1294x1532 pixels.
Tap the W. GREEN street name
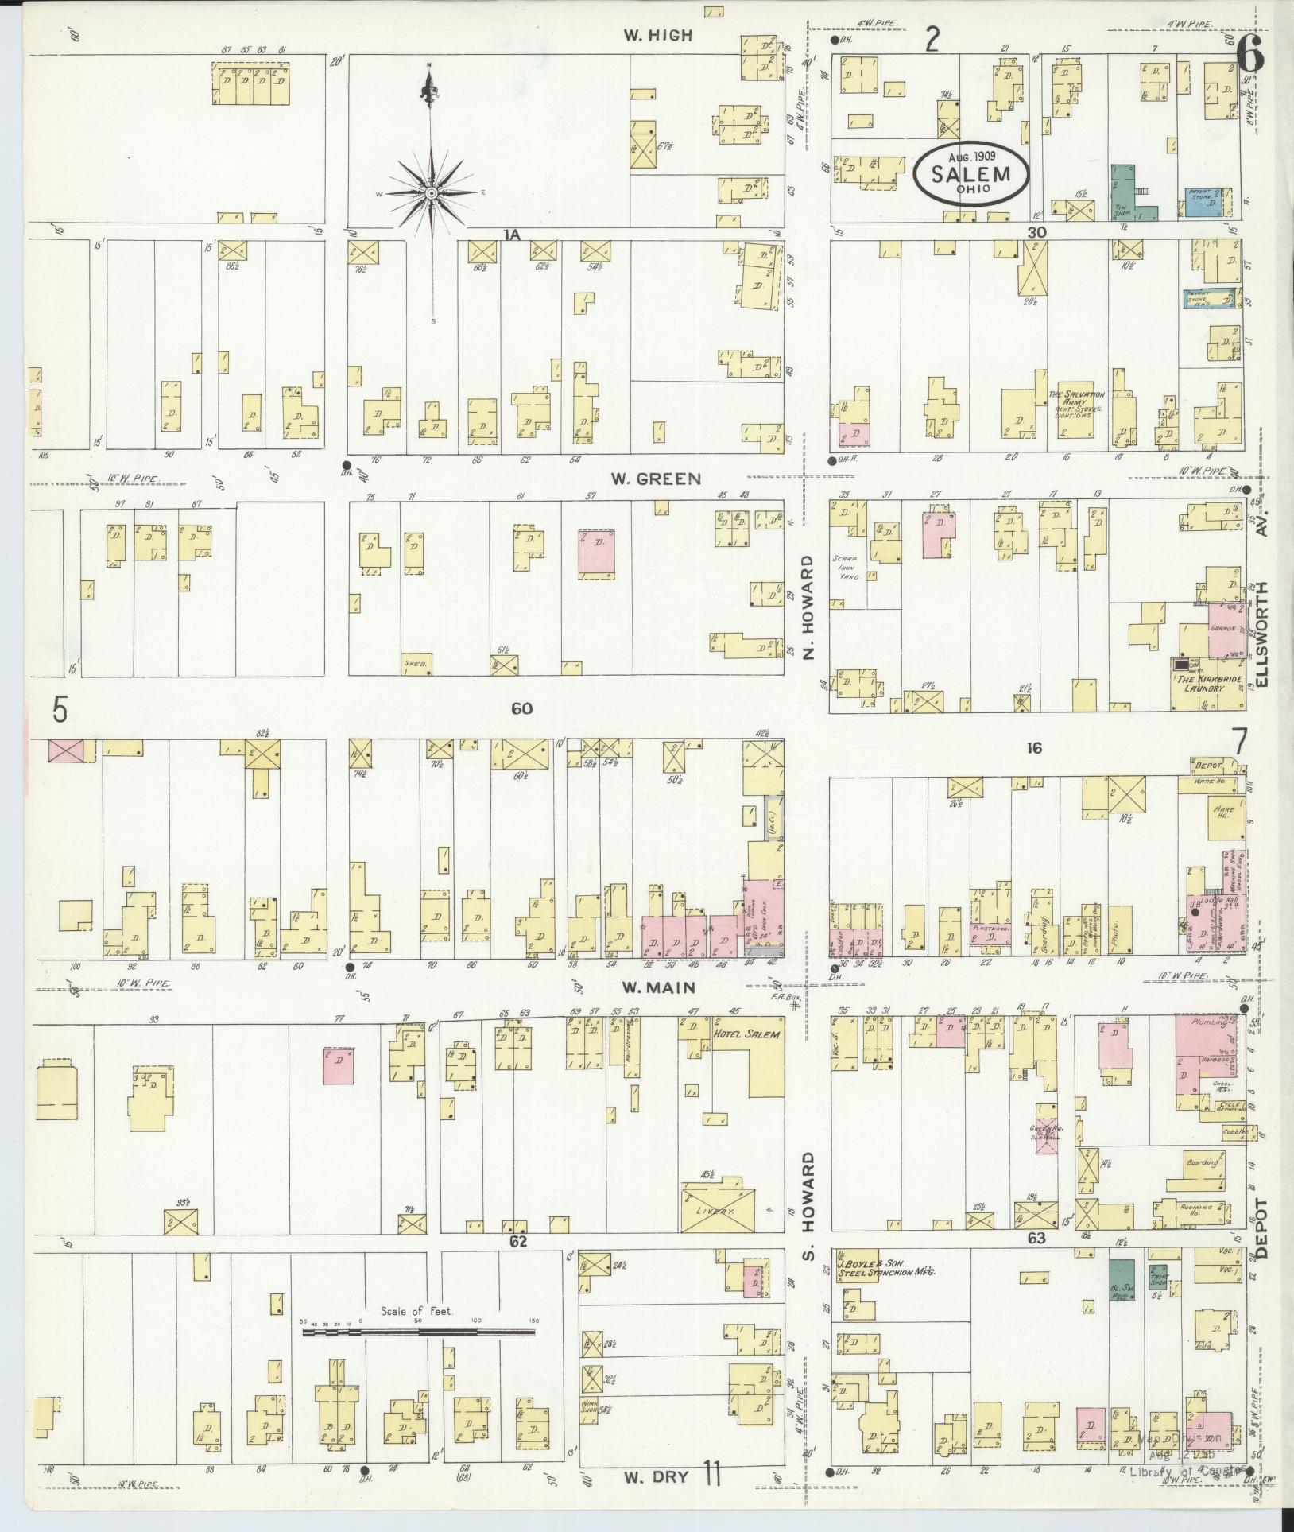point(656,479)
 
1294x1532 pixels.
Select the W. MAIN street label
point(658,987)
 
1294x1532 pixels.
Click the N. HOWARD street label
point(809,607)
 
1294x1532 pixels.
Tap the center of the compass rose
point(430,193)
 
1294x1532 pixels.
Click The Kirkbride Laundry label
point(1206,683)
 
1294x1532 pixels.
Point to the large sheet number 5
point(60,710)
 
